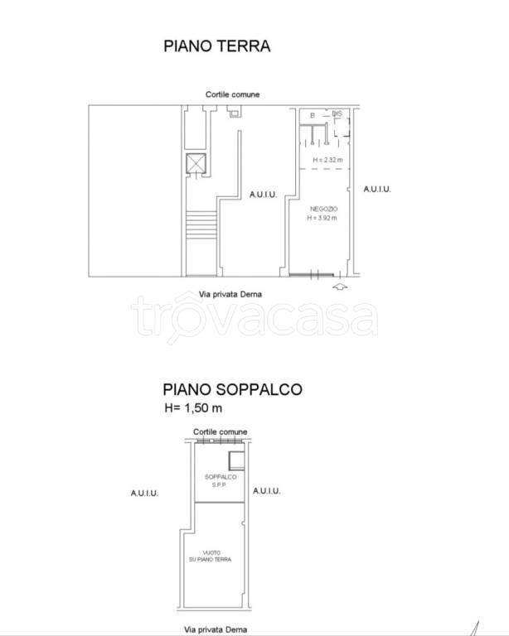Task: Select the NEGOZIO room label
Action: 322,210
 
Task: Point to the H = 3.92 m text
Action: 322,219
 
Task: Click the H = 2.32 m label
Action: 327,160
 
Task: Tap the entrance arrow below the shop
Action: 339,287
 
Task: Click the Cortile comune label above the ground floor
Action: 233,94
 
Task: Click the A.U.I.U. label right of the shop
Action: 377,189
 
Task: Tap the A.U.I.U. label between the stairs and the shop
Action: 263,195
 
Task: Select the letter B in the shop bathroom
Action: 313,116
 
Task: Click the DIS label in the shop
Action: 337,113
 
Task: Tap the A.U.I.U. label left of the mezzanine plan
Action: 144,492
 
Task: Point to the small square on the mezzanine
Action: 236,461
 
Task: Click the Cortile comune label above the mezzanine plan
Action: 221,431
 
